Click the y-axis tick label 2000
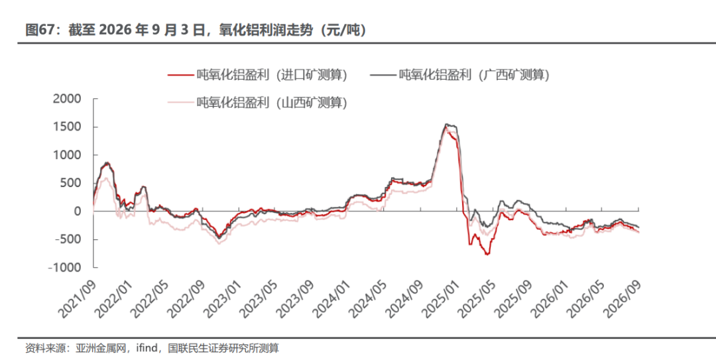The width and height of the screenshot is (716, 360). (67, 99)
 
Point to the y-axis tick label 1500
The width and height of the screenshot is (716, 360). (68, 127)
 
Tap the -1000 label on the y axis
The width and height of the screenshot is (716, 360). (64, 268)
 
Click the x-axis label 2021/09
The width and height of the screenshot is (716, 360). (77, 299)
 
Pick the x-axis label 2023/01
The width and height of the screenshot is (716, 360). (222, 299)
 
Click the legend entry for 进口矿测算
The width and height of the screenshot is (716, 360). (258, 74)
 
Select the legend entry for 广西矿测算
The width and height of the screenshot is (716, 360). (459, 74)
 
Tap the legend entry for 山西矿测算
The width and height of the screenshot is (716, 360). (258, 102)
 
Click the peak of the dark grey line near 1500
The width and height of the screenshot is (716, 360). (447, 124)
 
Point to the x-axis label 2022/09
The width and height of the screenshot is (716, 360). (186, 299)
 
